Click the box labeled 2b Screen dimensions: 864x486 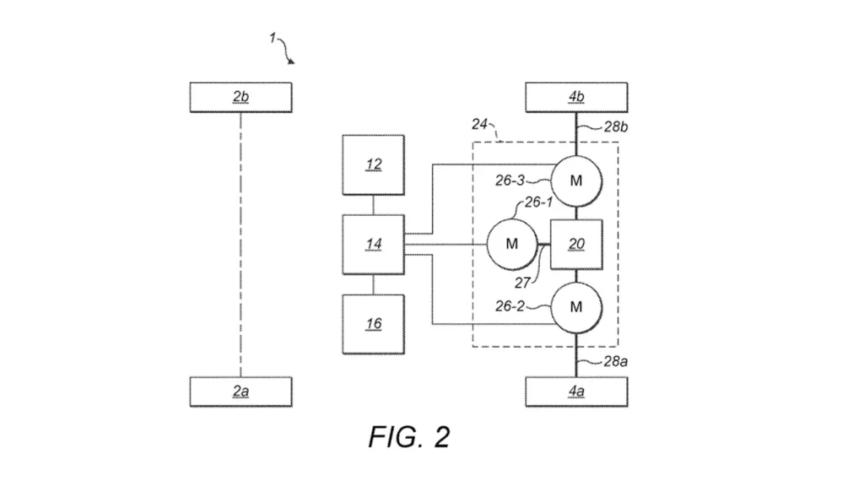[x=240, y=98]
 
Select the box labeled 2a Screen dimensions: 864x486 [x=240, y=391]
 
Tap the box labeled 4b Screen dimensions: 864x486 [x=576, y=98]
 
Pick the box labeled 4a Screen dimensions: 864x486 [x=576, y=391]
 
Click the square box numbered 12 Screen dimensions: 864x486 [x=374, y=165]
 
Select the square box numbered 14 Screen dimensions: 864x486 [x=374, y=244]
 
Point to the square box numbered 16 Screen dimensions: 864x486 [x=374, y=324]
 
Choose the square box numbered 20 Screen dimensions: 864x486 [x=576, y=244]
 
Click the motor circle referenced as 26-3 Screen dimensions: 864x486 [x=576, y=181]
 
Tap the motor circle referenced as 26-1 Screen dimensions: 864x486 [x=512, y=244]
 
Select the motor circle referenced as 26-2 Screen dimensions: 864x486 [x=576, y=307]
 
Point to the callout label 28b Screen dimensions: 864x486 [x=616, y=127]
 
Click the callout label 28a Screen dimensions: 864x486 [x=616, y=361]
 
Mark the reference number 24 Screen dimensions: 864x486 [x=479, y=125]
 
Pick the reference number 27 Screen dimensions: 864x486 [x=522, y=283]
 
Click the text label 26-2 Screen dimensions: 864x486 [x=510, y=305]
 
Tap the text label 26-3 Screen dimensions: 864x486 [x=510, y=181]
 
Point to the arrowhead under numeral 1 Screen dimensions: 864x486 [x=291, y=61]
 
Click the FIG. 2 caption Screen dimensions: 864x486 [x=409, y=437]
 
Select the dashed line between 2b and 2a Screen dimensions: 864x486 [x=240, y=245]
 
